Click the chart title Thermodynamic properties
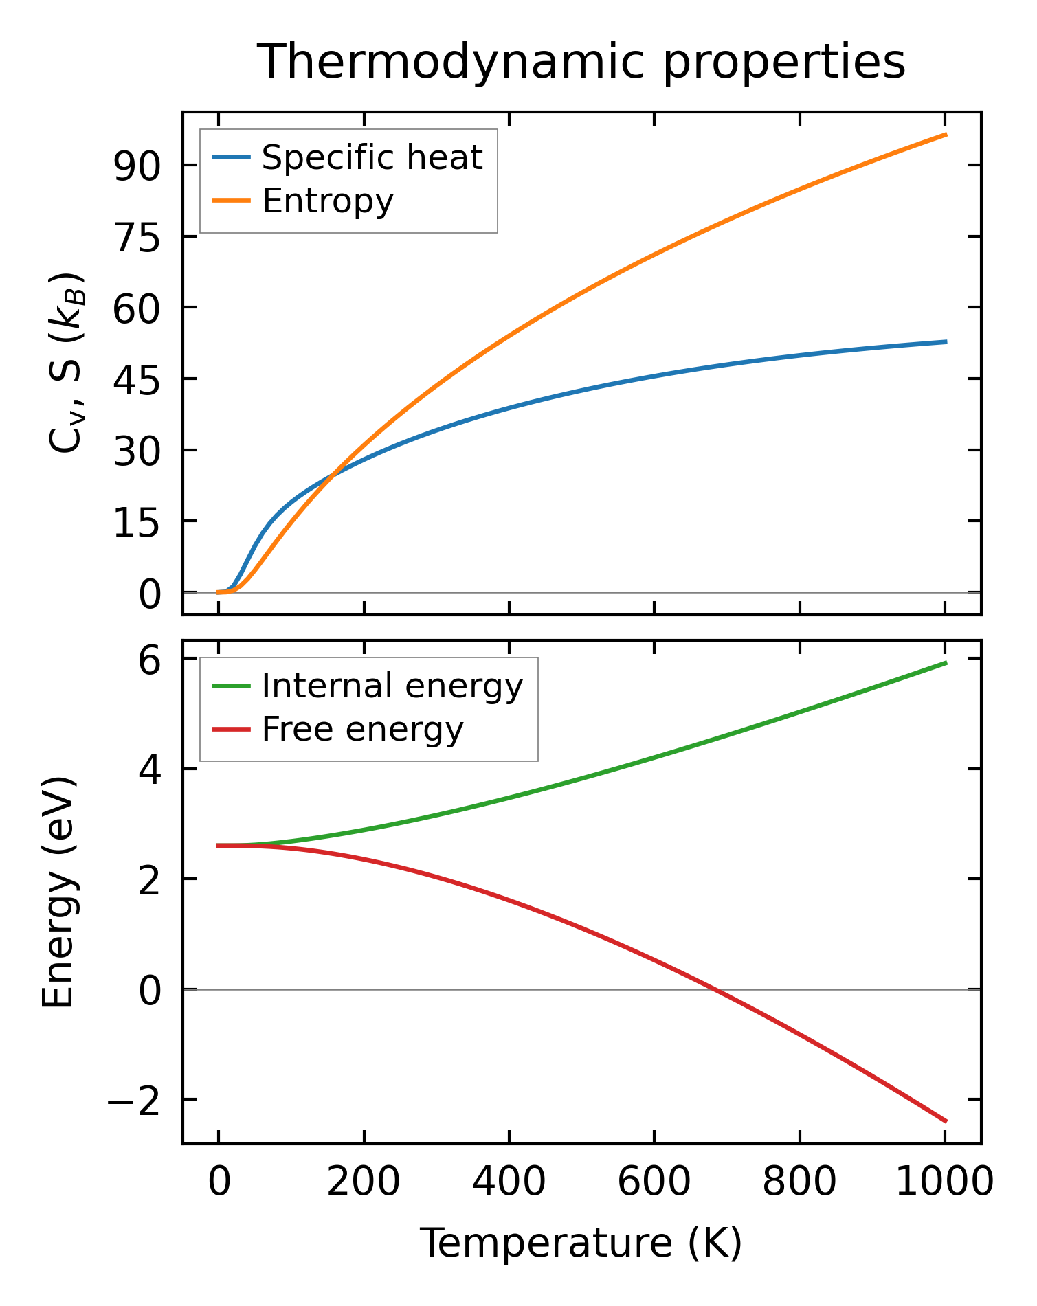(x=581, y=62)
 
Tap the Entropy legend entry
(x=328, y=201)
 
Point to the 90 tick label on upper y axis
(x=137, y=166)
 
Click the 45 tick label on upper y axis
(x=137, y=379)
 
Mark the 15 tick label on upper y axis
(x=137, y=521)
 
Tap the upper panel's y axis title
(x=67, y=363)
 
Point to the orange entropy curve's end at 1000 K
(x=946, y=135)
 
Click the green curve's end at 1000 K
(x=946, y=663)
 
